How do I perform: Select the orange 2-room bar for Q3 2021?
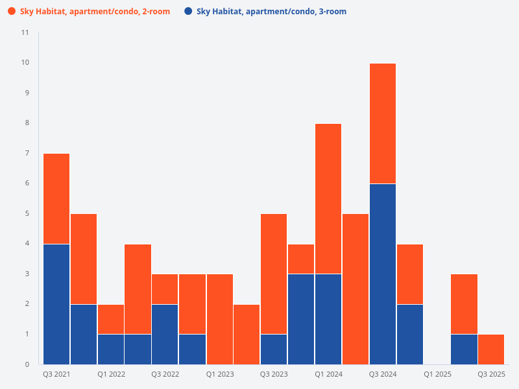(56, 198)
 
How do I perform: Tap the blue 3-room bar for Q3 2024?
(383, 274)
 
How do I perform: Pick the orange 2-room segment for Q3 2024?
(383, 123)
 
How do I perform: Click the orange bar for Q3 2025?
(491, 349)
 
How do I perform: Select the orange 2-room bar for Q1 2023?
(220, 318)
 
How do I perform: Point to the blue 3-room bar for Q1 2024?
(328, 318)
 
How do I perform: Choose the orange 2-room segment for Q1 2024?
(328, 198)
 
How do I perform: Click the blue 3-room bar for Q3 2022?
(165, 333)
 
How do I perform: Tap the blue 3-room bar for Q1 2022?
(111, 349)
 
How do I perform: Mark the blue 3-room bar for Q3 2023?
(274, 349)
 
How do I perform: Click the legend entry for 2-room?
(95, 12)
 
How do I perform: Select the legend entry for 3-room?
(271, 12)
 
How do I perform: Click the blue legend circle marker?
(188, 12)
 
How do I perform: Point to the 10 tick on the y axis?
(25, 63)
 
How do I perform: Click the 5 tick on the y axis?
(27, 213)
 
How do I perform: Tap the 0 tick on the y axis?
(27, 364)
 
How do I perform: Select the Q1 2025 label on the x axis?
(437, 375)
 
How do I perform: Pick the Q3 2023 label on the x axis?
(274, 375)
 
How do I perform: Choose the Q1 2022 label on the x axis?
(111, 375)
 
